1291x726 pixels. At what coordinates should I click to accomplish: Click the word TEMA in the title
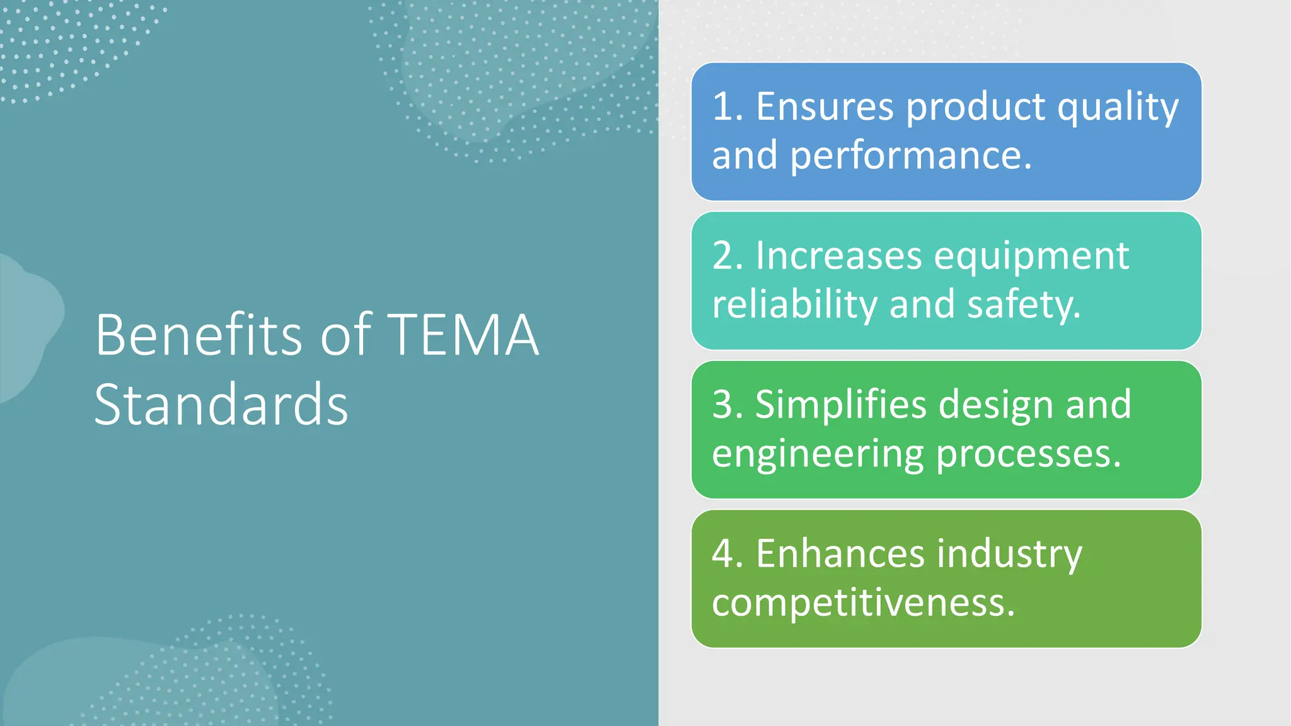click(463, 335)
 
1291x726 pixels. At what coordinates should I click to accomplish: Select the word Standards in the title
click(221, 405)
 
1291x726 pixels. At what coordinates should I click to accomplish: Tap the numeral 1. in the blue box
click(727, 107)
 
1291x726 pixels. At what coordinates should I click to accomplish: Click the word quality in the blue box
click(1118, 108)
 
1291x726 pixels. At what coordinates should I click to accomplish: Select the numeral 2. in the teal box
click(727, 256)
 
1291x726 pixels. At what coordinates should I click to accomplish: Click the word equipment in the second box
click(1031, 257)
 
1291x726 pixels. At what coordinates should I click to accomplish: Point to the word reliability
click(794, 304)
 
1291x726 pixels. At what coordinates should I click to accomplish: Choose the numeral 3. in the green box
click(727, 405)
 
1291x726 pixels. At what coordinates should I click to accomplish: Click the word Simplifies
click(841, 405)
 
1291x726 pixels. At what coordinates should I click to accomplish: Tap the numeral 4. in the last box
click(727, 554)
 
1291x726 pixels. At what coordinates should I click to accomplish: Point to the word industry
click(1009, 555)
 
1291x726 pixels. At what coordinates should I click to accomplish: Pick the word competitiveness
click(863, 603)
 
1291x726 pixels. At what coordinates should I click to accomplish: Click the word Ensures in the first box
click(825, 107)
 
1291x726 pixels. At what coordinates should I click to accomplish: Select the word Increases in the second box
click(838, 256)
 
